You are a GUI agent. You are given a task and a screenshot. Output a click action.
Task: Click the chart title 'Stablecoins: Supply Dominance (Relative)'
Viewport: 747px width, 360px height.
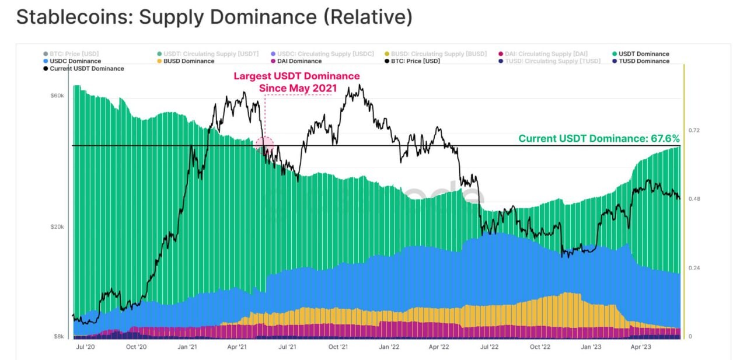coord(214,17)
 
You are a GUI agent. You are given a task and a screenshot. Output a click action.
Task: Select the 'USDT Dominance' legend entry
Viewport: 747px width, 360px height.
coord(644,54)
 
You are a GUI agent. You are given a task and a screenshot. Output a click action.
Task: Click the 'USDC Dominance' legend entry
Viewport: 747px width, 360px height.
coord(75,61)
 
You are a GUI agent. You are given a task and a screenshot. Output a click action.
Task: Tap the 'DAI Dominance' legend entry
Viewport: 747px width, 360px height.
coord(299,61)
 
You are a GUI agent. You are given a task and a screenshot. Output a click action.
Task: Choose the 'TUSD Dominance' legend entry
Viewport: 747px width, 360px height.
coord(644,61)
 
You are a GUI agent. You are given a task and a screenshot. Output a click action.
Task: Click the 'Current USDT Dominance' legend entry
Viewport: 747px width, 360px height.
coord(87,69)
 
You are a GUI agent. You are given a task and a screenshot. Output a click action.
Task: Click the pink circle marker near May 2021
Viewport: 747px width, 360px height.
coord(264,144)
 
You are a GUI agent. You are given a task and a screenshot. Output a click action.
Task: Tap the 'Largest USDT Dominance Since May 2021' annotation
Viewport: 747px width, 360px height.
coord(296,82)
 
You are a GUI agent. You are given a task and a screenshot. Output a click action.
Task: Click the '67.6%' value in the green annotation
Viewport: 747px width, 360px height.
coord(665,139)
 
